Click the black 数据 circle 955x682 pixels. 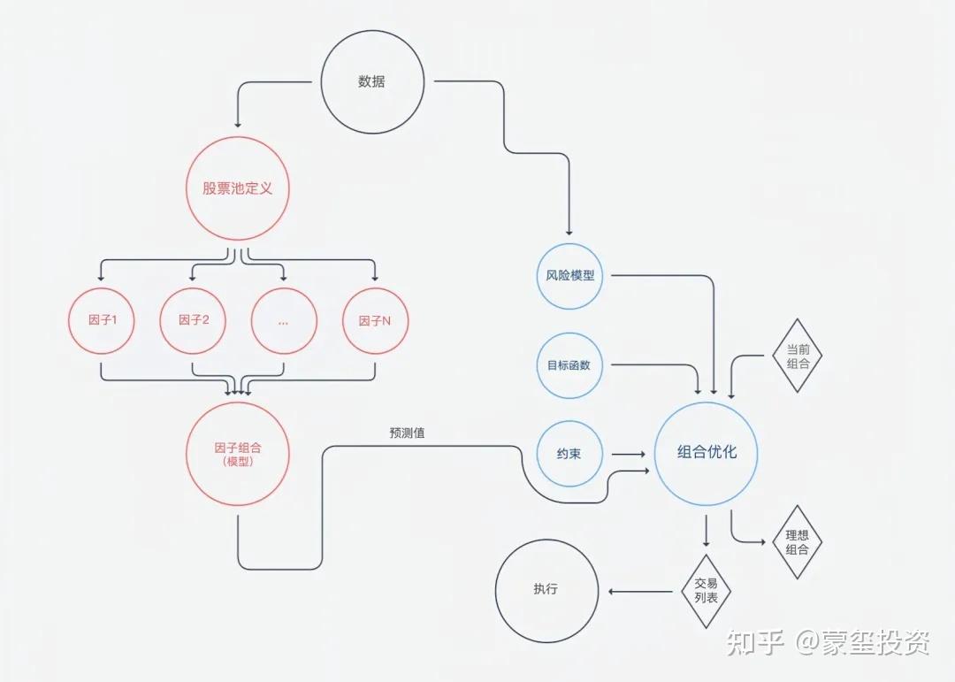click(x=371, y=82)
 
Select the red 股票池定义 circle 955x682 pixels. click(x=238, y=188)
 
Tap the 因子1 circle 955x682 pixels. click(x=101, y=320)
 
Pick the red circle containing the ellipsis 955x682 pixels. click(x=284, y=320)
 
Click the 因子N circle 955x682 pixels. click(x=376, y=320)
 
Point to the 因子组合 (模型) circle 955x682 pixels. click(x=238, y=454)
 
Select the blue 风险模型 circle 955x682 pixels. click(x=570, y=276)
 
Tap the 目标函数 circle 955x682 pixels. click(x=570, y=365)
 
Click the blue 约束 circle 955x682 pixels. click(x=570, y=454)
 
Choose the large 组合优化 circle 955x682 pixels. click(x=706, y=453)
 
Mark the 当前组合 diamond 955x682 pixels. click(x=797, y=356)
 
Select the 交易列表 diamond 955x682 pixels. click(x=706, y=591)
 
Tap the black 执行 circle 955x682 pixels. click(x=546, y=591)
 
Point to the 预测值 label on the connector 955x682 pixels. click(x=407, y=433)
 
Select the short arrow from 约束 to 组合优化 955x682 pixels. click(x=629, y=454)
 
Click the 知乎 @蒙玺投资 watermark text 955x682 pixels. click(x=828, y=643)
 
